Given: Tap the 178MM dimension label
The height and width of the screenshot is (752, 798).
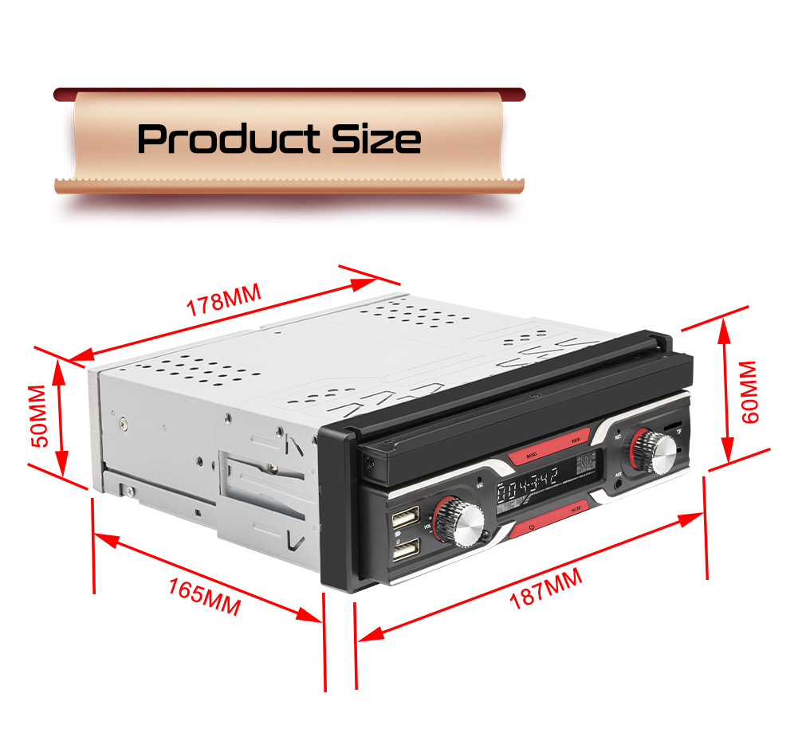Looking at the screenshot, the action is pyautogui.click(x=224, y=302).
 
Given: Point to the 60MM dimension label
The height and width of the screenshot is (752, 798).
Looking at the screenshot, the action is pyautogui.click(x=749, y=392).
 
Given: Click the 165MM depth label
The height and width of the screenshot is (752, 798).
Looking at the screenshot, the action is pyautogui.click(x=204, y=595).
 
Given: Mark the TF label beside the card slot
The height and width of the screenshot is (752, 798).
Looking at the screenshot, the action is pyautogui.click(x=679, y=432).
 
